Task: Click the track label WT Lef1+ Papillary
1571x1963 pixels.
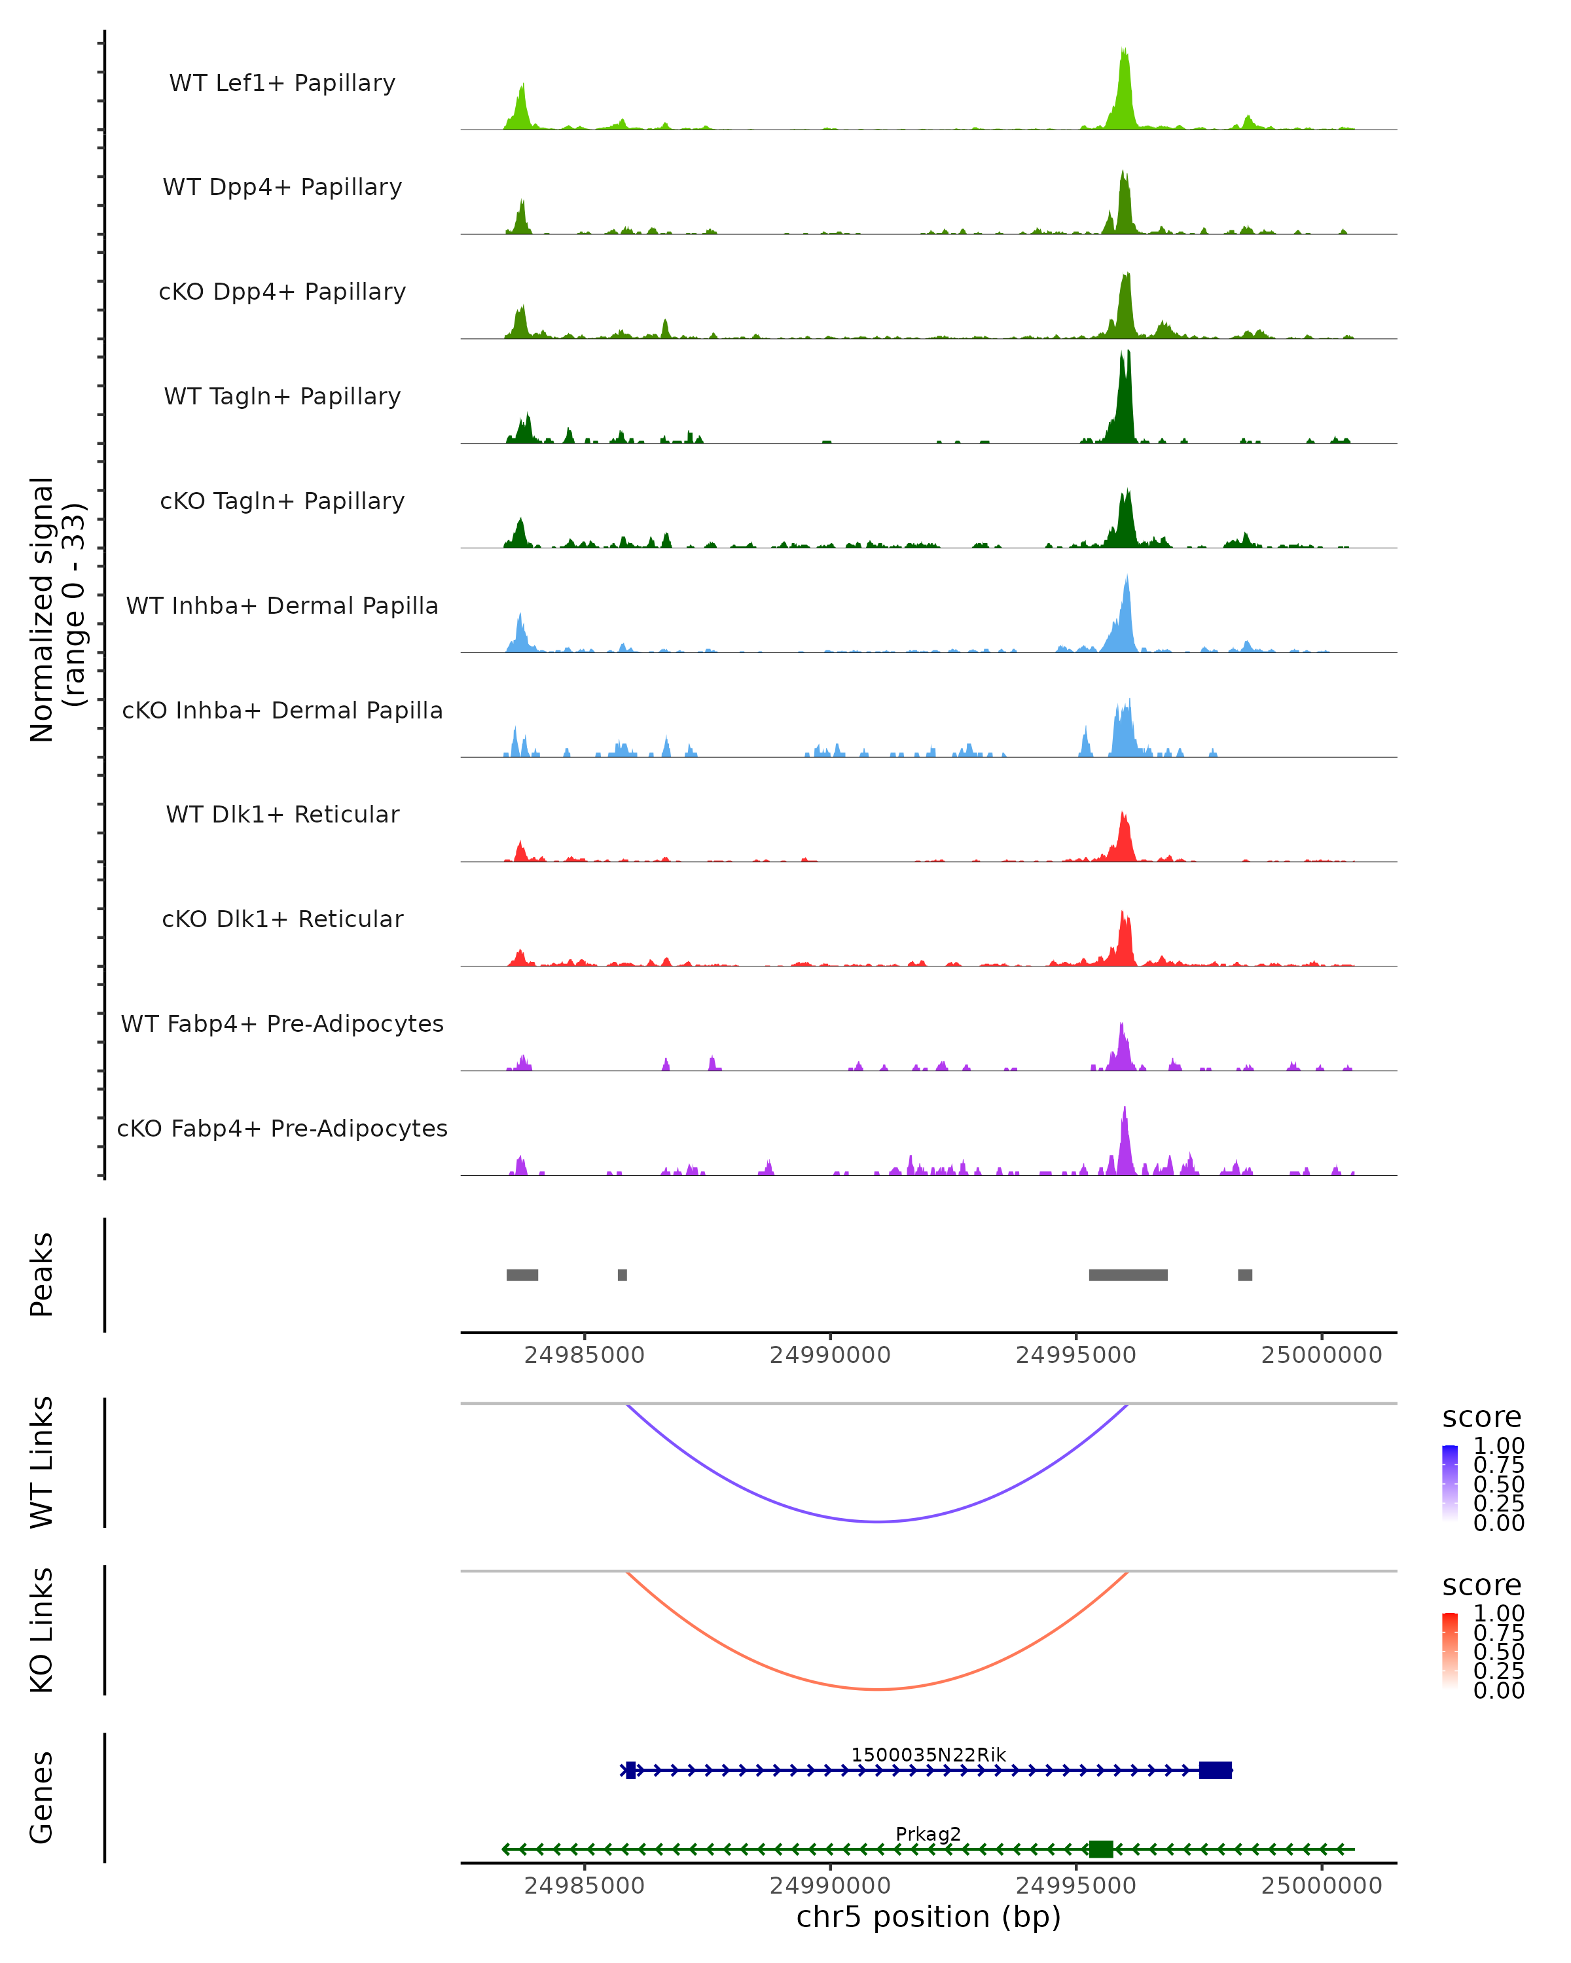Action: pos(282,84)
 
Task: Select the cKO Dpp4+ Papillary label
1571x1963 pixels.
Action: pos(282,292)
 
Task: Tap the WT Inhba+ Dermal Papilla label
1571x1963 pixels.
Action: pos(282,607)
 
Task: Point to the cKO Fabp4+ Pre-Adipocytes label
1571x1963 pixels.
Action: pos(282,1129)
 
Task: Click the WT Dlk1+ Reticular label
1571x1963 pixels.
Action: pos(282,815)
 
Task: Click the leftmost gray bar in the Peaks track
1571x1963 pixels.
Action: pos(522,1275)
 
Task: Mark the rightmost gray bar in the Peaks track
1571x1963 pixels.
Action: pos(1244,1275)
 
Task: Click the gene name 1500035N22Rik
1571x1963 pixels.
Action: pos(928,1754)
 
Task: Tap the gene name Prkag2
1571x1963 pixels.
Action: pos(928,1833)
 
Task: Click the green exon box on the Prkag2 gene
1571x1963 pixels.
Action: pos(1101,1849)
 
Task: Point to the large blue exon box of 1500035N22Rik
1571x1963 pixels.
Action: pos(1215,1770)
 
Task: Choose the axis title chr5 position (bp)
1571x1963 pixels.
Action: pos(928,1917)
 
